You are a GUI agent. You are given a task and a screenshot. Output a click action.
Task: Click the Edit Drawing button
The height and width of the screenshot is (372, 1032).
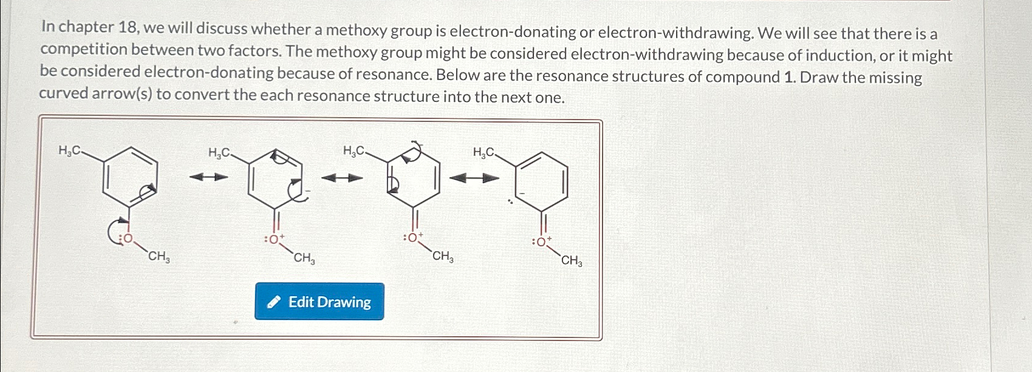tap(319, 302)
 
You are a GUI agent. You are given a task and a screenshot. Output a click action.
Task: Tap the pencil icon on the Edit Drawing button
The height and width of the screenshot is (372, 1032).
tap(275, 302)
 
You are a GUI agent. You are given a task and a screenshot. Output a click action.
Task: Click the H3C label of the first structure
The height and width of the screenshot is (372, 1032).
tap(68, 150)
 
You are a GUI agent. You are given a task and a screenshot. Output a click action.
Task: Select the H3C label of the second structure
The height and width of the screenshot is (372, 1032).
tap(219, 153)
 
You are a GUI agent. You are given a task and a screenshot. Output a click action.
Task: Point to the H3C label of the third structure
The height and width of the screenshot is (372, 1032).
tap(354, 150)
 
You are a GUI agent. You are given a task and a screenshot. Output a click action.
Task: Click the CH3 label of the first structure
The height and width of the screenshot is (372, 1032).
tap(159, 257)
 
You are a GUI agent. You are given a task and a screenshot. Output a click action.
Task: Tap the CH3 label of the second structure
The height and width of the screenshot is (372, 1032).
tap(304, 259)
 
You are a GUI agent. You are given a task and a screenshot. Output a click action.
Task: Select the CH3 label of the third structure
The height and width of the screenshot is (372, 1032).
tap(443, 257)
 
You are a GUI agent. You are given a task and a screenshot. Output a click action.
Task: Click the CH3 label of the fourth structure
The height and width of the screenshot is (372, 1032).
tap(572, 262)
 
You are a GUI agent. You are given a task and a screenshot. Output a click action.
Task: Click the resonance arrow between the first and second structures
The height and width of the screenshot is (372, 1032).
tap(208, 177)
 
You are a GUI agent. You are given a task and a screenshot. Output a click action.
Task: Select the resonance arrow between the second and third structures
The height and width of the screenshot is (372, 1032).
tap(342, 178)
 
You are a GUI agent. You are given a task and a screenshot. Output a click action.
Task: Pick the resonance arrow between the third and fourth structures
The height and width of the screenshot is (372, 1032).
tap(474, 178)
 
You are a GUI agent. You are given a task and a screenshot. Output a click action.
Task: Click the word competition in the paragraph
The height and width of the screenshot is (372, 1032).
tap(84, 50)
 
